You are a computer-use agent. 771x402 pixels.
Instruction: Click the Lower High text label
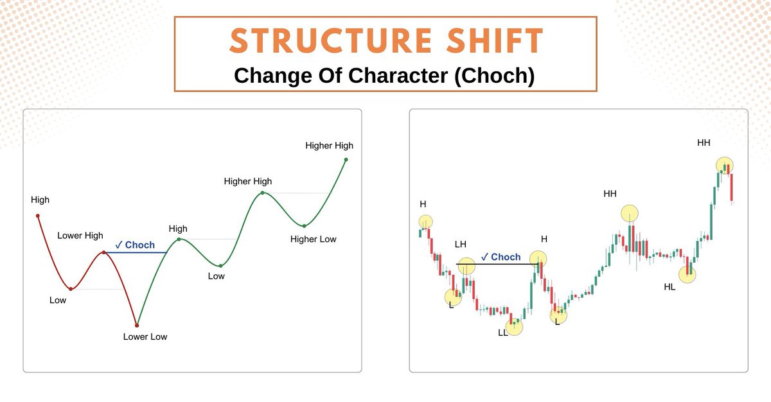80,236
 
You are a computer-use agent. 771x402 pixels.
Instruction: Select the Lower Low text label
145,336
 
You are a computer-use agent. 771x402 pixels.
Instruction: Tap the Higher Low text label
313,240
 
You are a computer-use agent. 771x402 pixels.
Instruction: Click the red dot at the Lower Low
137,326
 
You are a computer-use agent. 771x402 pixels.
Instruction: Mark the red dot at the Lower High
104,252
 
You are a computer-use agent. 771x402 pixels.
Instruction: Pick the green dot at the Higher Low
304,225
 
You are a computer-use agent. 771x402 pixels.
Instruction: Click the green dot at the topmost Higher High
346,159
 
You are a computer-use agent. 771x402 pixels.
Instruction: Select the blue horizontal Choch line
136,253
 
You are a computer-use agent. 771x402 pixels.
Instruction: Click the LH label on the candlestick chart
460,245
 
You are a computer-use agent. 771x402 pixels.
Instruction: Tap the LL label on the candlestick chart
502,333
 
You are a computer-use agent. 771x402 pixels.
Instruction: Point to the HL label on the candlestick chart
669,287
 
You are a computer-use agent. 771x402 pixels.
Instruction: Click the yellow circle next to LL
515,326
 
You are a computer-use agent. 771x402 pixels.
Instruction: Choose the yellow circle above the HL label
687,274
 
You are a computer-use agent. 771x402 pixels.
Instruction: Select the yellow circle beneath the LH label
466,266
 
